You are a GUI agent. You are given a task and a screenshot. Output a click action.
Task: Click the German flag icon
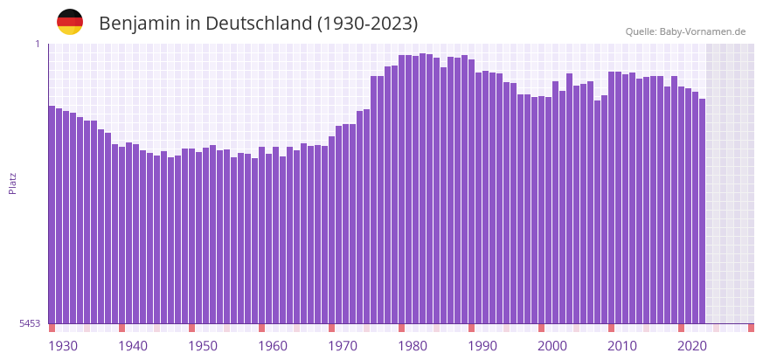click(70, 23)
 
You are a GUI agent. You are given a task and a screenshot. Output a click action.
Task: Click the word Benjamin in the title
click(139, 24)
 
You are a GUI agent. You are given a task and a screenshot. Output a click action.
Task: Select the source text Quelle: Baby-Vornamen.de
click(685, 31)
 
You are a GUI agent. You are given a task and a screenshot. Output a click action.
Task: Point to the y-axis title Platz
click(12, 183)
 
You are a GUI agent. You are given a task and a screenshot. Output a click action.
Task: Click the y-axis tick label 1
click(38, 44)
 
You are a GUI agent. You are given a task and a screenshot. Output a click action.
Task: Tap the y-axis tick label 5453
click(30, 323)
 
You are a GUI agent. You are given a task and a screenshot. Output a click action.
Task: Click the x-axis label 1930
click(63, 346)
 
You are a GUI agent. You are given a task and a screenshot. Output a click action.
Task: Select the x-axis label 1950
click(203, 346)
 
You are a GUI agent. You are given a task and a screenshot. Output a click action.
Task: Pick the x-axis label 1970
click(343, 346)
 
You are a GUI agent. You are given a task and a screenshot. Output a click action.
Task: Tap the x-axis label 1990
click(482, 346)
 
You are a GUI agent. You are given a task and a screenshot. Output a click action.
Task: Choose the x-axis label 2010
click(622, 346)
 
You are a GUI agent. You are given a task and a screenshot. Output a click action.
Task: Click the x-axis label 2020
click(692, 346)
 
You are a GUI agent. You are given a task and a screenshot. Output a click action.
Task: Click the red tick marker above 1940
click(121, 328)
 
